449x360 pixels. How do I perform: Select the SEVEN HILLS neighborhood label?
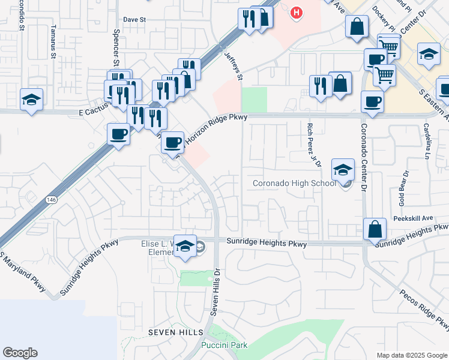coord(174,332)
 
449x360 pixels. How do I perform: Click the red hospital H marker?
coord(295,12)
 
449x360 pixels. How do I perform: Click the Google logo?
coord(20,353)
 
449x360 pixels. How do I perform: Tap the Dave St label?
coord(134,19)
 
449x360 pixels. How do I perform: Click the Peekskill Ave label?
coord(414,218)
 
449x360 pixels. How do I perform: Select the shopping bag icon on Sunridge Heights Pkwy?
coord(375,229)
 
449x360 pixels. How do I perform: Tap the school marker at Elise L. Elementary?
coord(185,245)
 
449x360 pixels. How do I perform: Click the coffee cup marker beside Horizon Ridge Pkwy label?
coord(173,142)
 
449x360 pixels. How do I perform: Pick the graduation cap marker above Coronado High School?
coord(343,170)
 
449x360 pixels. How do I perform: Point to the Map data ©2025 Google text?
coord(412,355)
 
